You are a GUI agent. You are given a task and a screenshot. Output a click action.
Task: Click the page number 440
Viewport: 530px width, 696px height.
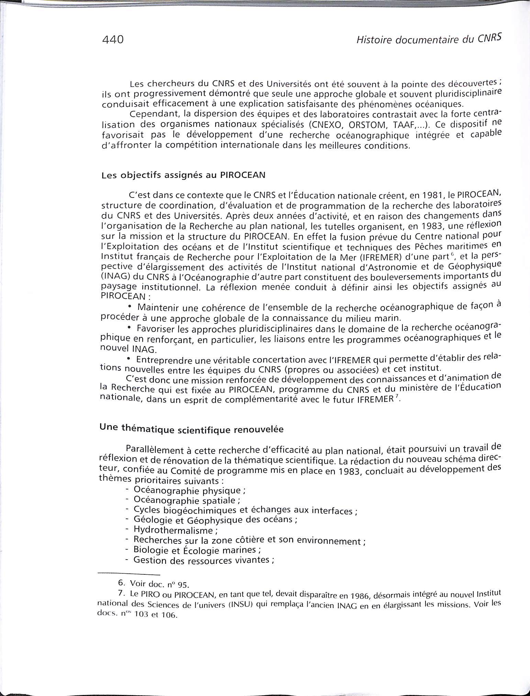[113, 40]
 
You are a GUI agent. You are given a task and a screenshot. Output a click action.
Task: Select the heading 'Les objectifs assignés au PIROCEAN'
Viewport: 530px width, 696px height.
[184, 175]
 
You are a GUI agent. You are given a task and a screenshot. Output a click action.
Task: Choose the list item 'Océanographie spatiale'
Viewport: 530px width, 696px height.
[184, 500]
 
